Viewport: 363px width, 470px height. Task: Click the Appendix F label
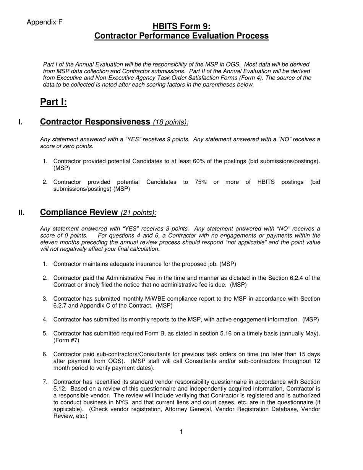[44, 23]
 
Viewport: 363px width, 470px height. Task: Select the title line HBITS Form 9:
[181, 26]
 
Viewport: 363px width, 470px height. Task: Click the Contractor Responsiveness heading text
[95, 122]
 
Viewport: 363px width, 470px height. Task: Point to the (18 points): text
[170, 122]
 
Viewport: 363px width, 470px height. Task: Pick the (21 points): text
[138, 213]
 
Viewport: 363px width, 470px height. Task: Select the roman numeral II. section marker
[22, 213]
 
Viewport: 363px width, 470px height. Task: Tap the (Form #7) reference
[66, 340]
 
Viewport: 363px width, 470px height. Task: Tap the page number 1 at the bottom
[181, 432]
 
